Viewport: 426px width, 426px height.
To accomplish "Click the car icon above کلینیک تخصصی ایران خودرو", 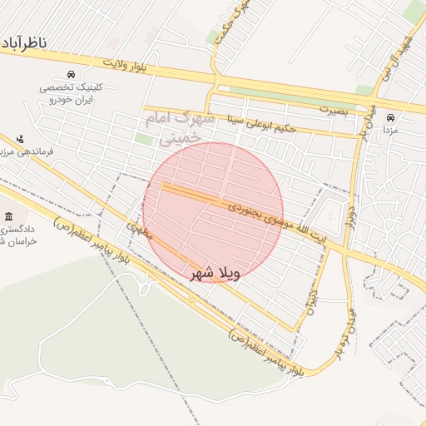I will point(72,74).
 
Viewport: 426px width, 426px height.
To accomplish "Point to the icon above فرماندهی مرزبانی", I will point(21,138).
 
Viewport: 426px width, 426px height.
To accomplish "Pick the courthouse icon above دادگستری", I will point(9,215).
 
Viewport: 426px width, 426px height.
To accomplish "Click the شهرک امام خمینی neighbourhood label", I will point(180,129).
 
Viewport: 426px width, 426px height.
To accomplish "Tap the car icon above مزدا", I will point(390,117).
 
